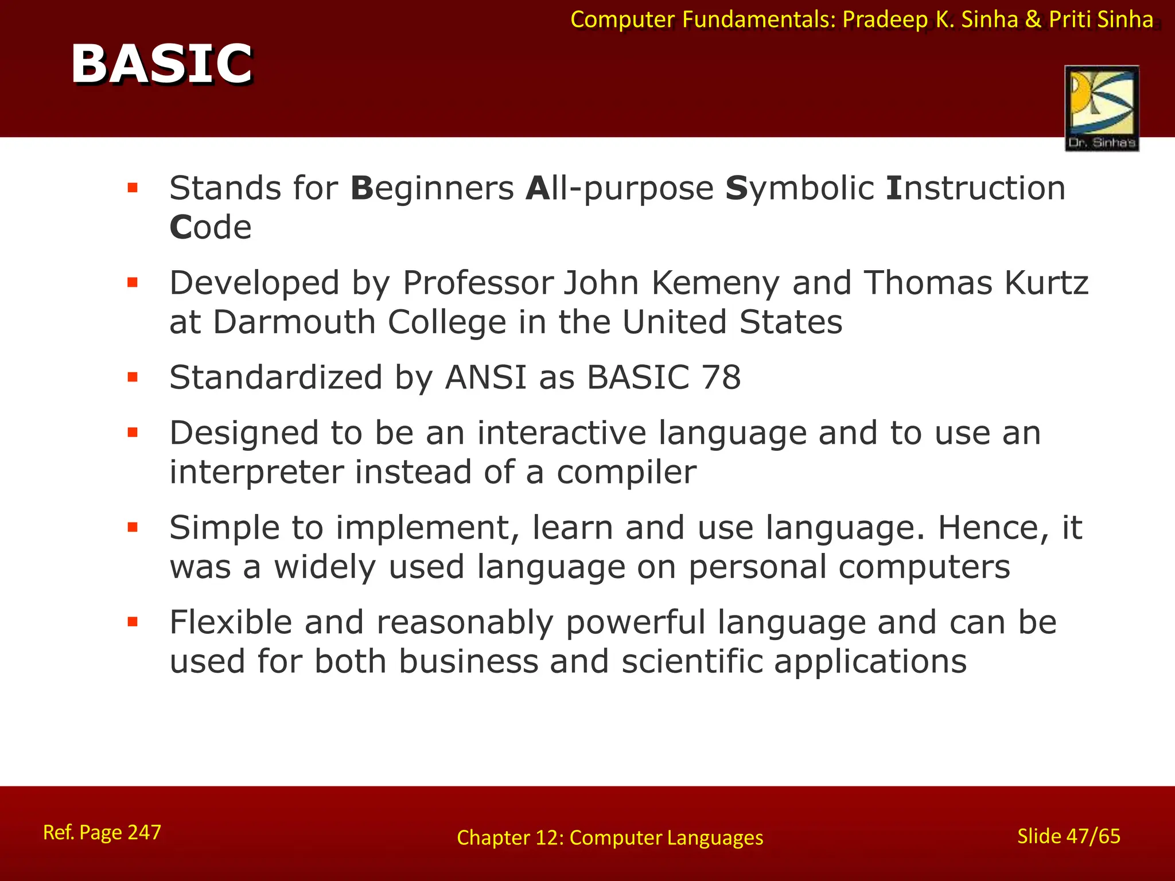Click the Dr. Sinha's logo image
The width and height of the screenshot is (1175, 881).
1102,108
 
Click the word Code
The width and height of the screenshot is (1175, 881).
211,227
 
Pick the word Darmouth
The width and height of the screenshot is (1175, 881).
294,322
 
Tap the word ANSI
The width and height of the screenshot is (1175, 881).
485,377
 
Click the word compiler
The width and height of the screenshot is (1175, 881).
626,472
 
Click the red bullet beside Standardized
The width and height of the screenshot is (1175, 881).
133,377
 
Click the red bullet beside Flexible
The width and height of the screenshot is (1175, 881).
133,622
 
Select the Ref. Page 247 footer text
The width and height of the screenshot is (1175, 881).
102,832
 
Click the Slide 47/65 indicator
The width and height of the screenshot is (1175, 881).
1068,836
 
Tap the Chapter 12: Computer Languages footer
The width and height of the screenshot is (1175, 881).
610,838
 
